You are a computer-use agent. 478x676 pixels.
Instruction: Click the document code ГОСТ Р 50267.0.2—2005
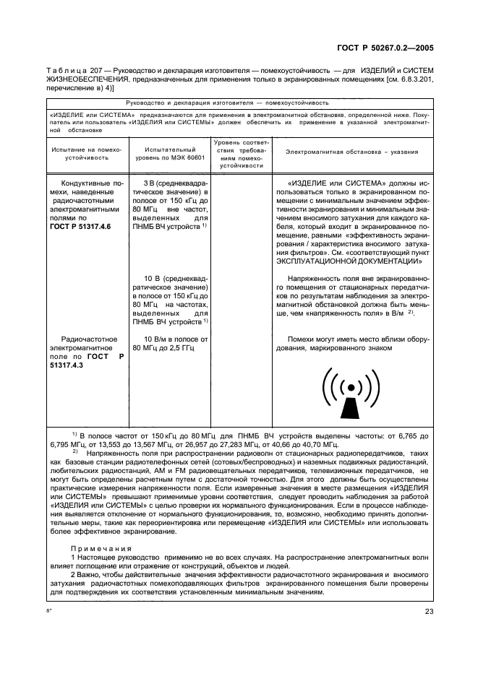tap(394, 48)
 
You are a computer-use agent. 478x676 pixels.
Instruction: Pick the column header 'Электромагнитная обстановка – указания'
tap(349, 153)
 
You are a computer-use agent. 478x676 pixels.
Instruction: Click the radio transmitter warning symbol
tap(349, 394)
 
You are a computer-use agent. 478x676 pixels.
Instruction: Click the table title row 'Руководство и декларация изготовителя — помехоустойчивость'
tap(238, 103)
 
